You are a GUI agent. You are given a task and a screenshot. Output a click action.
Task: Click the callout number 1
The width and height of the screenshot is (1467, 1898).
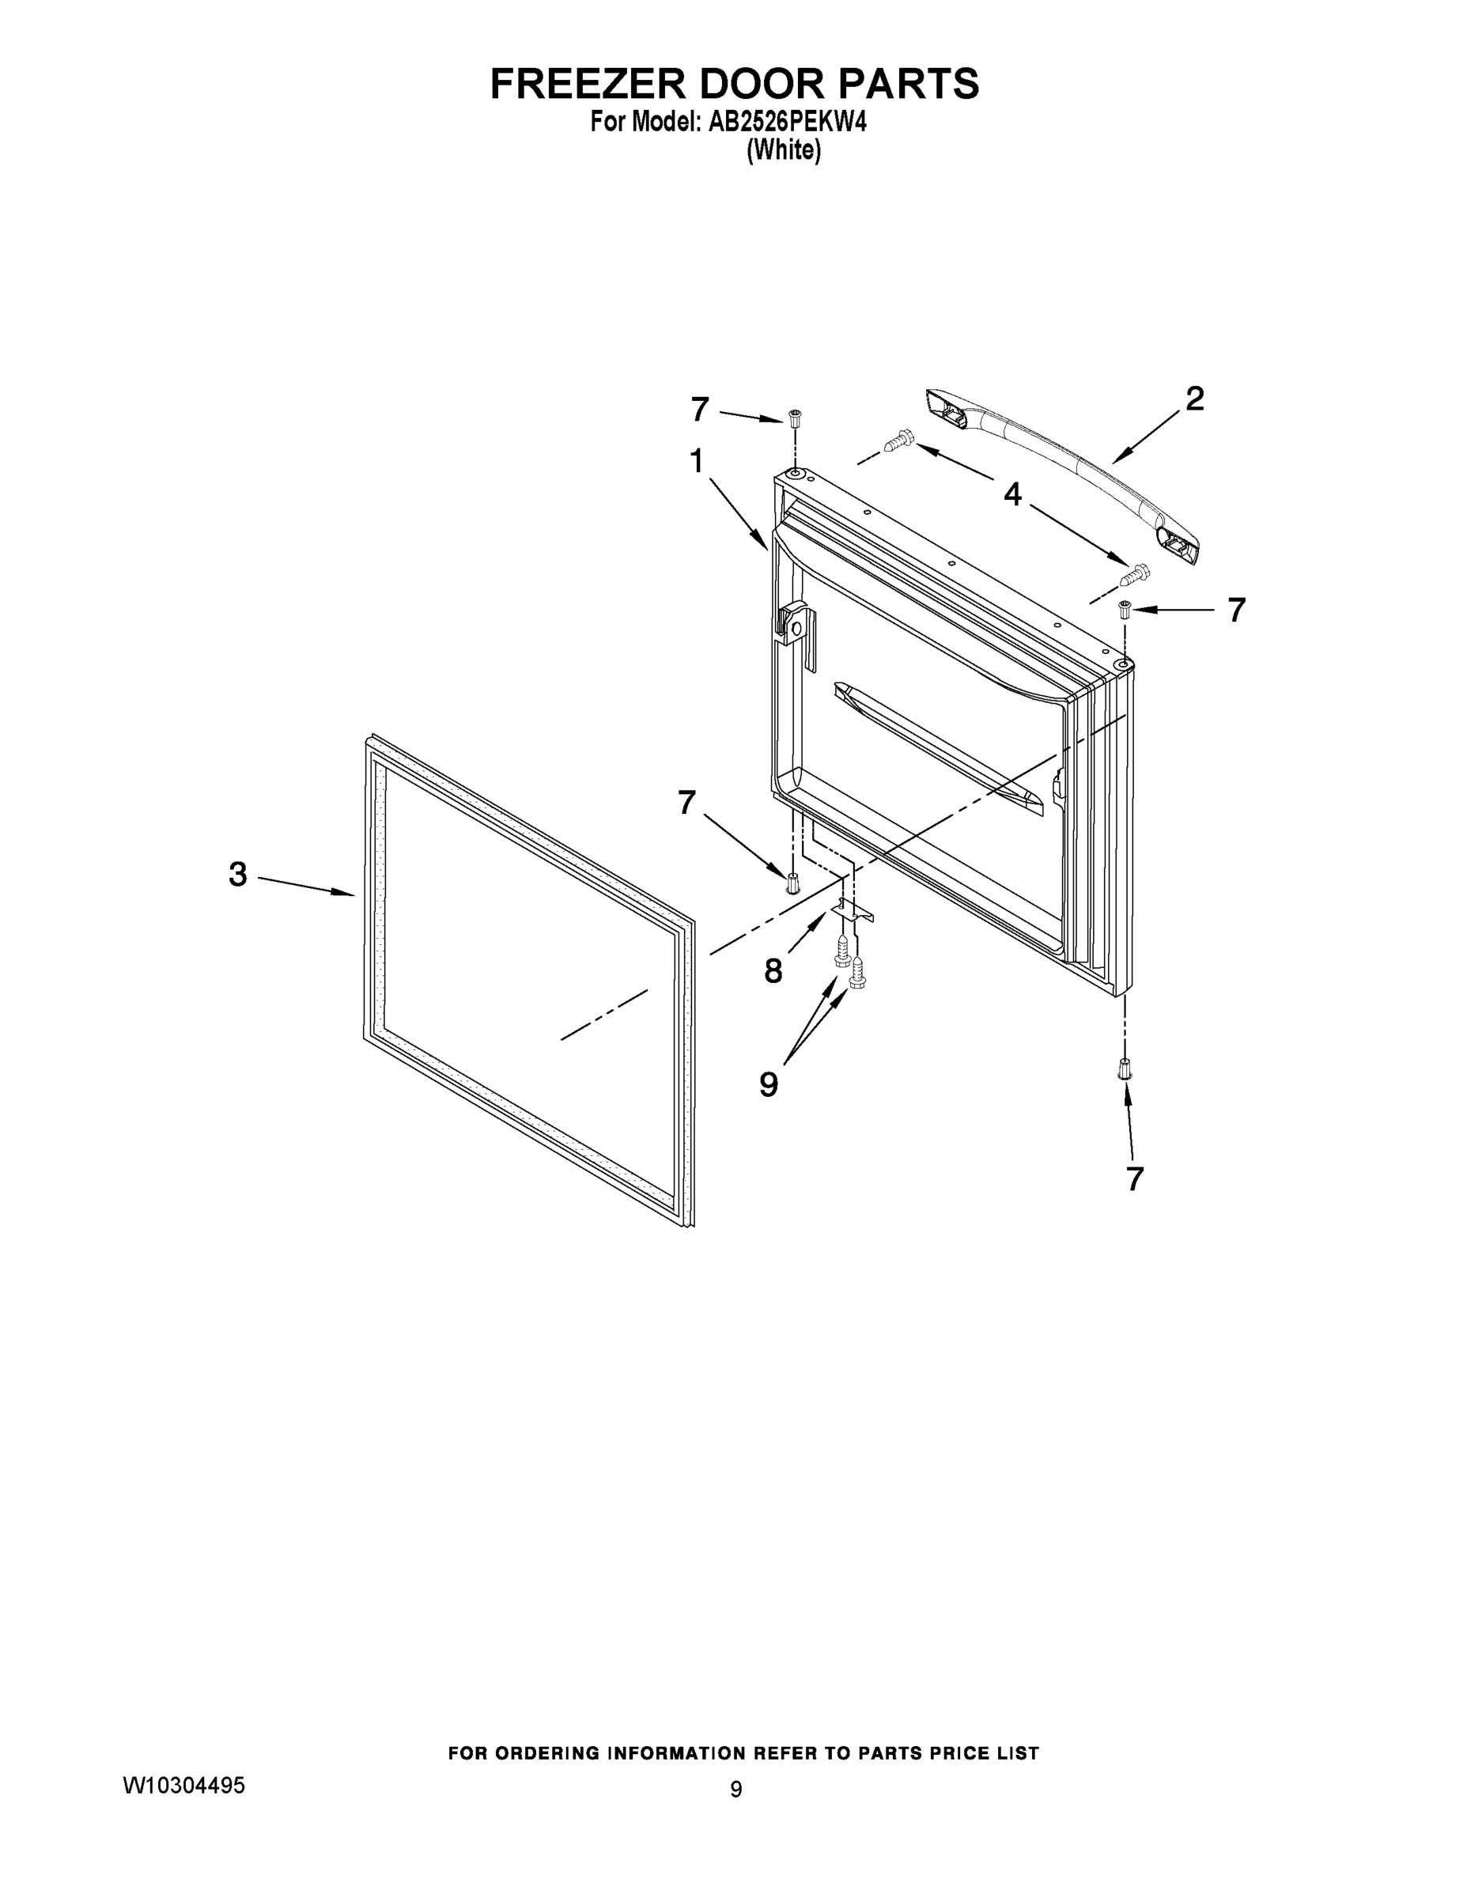(696, 462)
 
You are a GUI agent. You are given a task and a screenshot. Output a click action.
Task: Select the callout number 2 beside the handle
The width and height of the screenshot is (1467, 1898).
(1195, 399)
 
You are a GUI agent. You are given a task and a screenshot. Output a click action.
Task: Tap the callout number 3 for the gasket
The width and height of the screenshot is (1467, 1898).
(238, 873)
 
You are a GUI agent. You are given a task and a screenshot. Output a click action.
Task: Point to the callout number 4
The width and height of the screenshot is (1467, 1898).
(1012, 494)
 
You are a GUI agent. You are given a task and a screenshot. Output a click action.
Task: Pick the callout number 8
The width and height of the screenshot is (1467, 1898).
(773, 970)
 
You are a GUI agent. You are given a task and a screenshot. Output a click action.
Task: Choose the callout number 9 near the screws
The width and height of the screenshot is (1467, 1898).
(768, 1083)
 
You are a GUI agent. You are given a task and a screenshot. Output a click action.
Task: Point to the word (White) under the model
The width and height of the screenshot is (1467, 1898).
(783, 150)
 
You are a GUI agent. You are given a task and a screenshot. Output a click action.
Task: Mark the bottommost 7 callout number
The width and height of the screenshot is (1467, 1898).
(1134, 1179)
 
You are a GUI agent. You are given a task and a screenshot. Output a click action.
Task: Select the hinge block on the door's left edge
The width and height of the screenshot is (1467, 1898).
(796, 626)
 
